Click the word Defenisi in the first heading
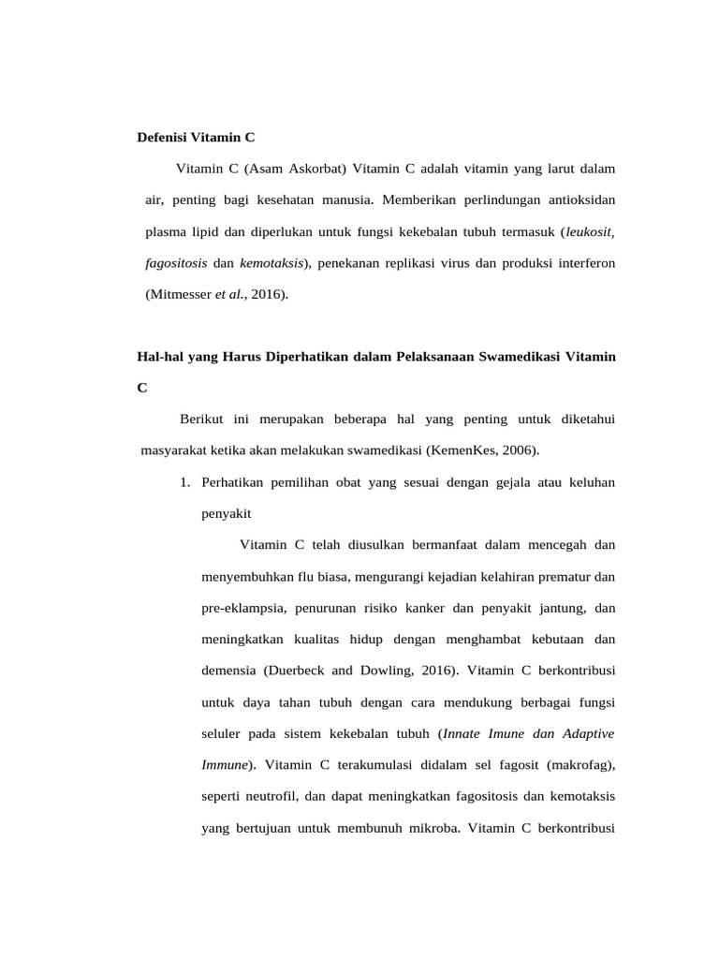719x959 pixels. [162, 137]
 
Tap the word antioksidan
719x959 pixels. [577, 200]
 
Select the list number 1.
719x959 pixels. [184, 482]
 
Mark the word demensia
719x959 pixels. [228, 671]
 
